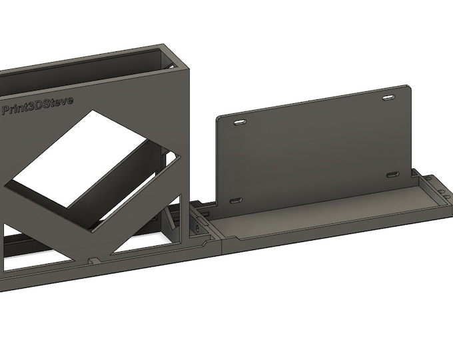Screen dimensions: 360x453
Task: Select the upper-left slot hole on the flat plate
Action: point(239,122)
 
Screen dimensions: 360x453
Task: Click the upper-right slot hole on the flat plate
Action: point(388,99)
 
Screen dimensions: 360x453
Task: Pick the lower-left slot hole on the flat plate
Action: point(235,200)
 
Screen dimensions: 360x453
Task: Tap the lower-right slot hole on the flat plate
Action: point(391,175)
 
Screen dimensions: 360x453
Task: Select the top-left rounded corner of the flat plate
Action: point(219,117)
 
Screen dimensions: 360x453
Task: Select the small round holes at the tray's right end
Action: point(442,193)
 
